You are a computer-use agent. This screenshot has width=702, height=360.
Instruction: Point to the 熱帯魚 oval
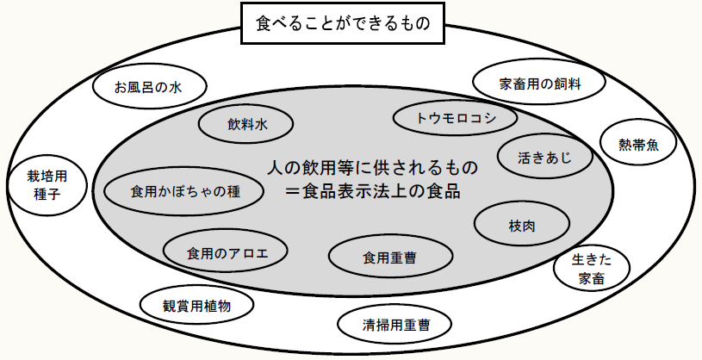coord(639,145)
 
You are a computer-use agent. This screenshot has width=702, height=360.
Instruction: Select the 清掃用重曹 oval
coord(395,326)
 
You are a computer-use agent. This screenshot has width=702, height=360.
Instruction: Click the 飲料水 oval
coord(248,125)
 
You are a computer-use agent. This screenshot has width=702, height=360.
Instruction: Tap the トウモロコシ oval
coord(456,118)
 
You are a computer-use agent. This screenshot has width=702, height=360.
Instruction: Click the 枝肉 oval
coord(522,226)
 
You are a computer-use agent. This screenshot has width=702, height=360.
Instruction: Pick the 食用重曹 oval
coord(391,256)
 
